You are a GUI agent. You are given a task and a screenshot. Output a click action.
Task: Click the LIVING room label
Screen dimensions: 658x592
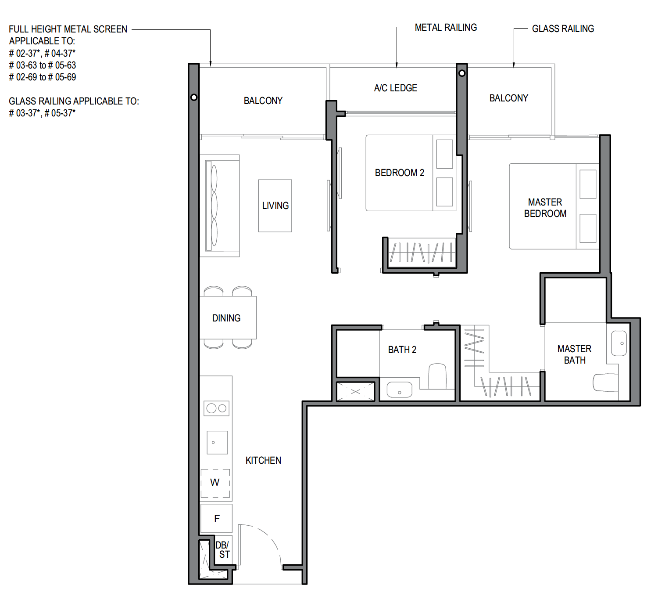pyautogui.click(x=275, y=206)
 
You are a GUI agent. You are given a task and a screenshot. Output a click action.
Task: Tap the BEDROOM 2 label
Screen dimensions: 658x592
pyautogui.click(x=400, y=173)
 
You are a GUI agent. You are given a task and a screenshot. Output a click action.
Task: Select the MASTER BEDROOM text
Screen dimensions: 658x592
pyautogui.click(x=545, y=208)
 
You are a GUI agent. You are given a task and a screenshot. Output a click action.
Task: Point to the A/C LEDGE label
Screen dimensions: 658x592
pyautogui.click(x=396, y=88)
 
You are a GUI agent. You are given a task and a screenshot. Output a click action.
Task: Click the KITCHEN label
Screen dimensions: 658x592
pyautogui.click(x=263, y=460)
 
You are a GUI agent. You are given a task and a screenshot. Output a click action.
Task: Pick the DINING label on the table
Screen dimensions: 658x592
pyautogui.click(x=226, y=318)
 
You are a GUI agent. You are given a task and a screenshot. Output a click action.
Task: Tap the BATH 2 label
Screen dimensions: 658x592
pyautogui.click(x=402, y=350)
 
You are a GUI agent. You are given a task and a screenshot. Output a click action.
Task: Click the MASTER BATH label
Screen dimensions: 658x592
pyautogui.click(x=574, y=354)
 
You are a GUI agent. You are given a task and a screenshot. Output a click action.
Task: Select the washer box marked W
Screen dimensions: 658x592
pyautogui.click(x=215, y=483)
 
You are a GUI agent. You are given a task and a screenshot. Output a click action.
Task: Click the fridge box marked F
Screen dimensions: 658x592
pyautogui.click(x=217, y=518)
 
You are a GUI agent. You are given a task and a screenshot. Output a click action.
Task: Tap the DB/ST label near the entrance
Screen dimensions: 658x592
pyautogui.click(x=223, y=550)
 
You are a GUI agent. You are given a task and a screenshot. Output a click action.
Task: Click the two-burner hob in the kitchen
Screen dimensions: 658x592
pyautogui.click(x=217, y=408)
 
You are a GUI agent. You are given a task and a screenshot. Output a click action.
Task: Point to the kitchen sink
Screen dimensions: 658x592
pyautogui.click(x=217, y=443)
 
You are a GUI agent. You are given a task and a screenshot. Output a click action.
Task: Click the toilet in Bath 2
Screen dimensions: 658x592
pyautogui.click(x=438, y=376)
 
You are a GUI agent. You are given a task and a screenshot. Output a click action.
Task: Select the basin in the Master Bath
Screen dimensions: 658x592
pyautogui.click(x=619, y=343)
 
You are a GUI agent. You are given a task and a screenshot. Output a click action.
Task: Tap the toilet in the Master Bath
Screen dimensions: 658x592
pyautogui.click(x=605, y=383)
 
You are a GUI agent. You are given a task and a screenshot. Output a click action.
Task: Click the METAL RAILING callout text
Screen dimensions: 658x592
pyautogui.click(x=446, y=28)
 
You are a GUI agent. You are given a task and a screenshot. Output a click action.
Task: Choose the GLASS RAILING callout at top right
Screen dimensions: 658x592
pyautogui.click(x=563, y=29)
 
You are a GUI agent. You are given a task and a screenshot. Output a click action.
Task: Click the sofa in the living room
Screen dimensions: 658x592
pyautogui.click(x=220, y=206)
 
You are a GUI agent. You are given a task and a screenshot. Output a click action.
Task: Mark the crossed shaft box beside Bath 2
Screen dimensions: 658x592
pyautogui.click(x=356, y=392)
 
